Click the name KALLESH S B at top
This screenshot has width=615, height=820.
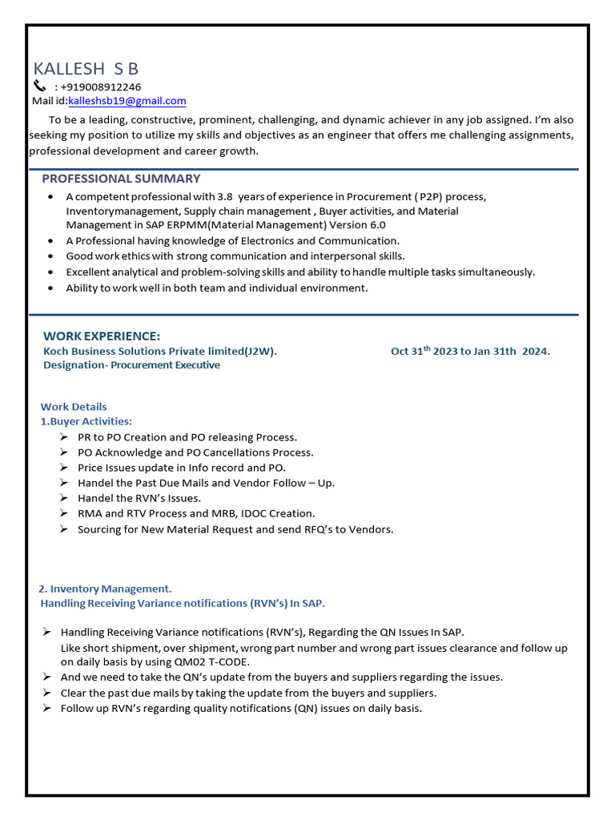click(x=86, y=69)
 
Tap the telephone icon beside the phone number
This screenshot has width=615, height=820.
click(x=40, y=86)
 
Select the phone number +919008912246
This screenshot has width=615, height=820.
click(x=101, y=86)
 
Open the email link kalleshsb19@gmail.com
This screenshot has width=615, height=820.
click(x=127, y=101)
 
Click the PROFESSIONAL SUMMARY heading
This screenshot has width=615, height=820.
click(x=121, y=179)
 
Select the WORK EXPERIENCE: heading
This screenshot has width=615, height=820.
click(x=102, y=336)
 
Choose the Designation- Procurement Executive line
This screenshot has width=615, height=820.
click(x=131, y=365)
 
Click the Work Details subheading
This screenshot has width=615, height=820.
click(x=74, y=407)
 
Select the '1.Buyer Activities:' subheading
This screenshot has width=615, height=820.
click(x=86, y=421)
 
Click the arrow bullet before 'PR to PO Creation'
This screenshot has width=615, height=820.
click(x=63, y=437)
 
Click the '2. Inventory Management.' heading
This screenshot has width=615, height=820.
click(x=105, y=589)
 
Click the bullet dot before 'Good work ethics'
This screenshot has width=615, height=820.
click(x=51, y=256)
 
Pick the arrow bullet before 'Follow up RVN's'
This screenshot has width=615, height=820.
click(x=47, y=708)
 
